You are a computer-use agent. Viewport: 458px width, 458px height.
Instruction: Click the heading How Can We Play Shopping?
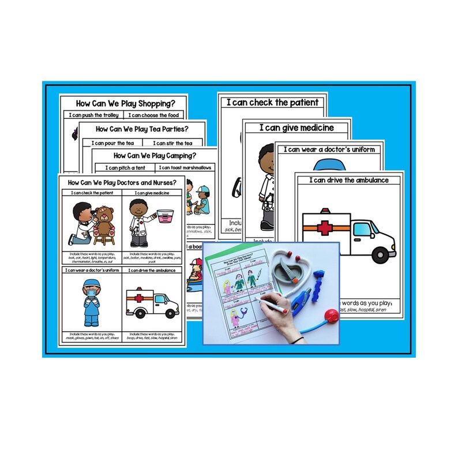pos(123,104)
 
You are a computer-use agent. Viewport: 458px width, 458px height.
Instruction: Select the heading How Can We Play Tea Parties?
pos(142,129)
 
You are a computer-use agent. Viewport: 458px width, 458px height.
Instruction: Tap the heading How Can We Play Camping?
pos(154,155)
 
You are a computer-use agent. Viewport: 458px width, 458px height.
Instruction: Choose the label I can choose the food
pos(155,116)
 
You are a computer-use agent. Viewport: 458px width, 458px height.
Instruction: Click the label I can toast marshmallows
pos(185,168)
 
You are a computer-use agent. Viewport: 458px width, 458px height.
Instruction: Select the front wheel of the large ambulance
pos(380,251)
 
